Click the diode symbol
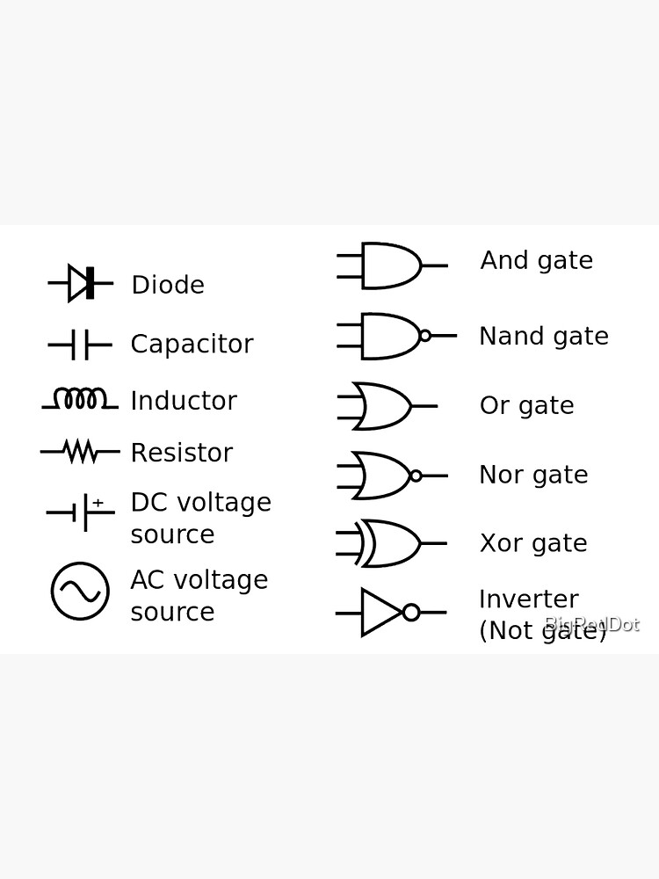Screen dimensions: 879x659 (81, 283)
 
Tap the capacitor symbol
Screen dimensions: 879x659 (80, 345)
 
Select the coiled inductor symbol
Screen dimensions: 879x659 (80, 399)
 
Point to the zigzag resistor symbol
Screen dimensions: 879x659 (80, 452)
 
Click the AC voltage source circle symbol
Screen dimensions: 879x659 (80, 591)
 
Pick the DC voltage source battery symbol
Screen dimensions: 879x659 (81, 512)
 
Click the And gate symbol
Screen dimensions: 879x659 (390, 265)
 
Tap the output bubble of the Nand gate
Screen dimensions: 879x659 (425, 335)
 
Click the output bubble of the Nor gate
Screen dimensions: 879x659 (416, 476)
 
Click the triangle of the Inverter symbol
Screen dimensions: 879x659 (380, 612)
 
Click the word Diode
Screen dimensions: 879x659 (168, 285)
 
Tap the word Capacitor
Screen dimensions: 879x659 (192, 344)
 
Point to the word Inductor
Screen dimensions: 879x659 (184, 401)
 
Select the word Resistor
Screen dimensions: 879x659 (181, 453)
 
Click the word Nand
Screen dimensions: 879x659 (507, 336)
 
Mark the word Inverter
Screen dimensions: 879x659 (528, 599)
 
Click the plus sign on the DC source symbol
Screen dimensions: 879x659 (98, 503)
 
